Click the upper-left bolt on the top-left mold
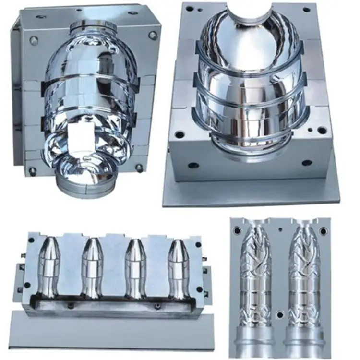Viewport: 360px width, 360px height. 34,40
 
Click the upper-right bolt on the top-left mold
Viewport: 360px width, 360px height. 153,35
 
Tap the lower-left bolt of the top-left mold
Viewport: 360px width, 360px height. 32,170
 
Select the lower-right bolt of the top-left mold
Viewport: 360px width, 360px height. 139,168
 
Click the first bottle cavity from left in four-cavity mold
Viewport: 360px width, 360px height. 49,267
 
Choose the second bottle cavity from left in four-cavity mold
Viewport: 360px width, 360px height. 92,268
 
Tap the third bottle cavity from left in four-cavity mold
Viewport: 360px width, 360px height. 135,268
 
